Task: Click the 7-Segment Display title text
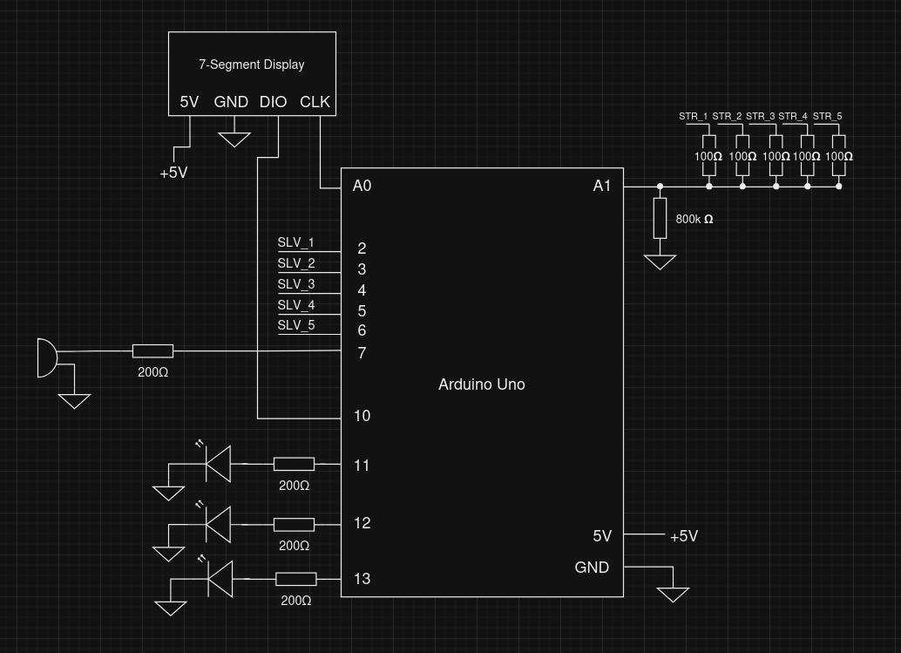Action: point(251,65)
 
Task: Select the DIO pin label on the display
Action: point(273,102)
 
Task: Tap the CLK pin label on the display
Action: point(315,102)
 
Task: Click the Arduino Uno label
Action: point(481,384)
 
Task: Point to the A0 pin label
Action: point(362,186)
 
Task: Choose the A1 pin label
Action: point(602,186)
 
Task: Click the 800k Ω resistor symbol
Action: point(660,218)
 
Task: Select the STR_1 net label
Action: point(694,116)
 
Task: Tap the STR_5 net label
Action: point(827,116)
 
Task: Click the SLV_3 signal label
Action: point(296,284)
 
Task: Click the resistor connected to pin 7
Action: point(152,351)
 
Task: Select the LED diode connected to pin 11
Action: point(218,463)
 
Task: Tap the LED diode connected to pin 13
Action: point(220,580)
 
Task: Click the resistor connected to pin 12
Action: point(294,524)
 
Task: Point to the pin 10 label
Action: point(362,416)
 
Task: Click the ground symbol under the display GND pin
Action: point(234,139)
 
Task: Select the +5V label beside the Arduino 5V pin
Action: point(683,536)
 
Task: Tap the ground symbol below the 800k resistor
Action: point(660,261)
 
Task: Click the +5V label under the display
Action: point(173,173)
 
